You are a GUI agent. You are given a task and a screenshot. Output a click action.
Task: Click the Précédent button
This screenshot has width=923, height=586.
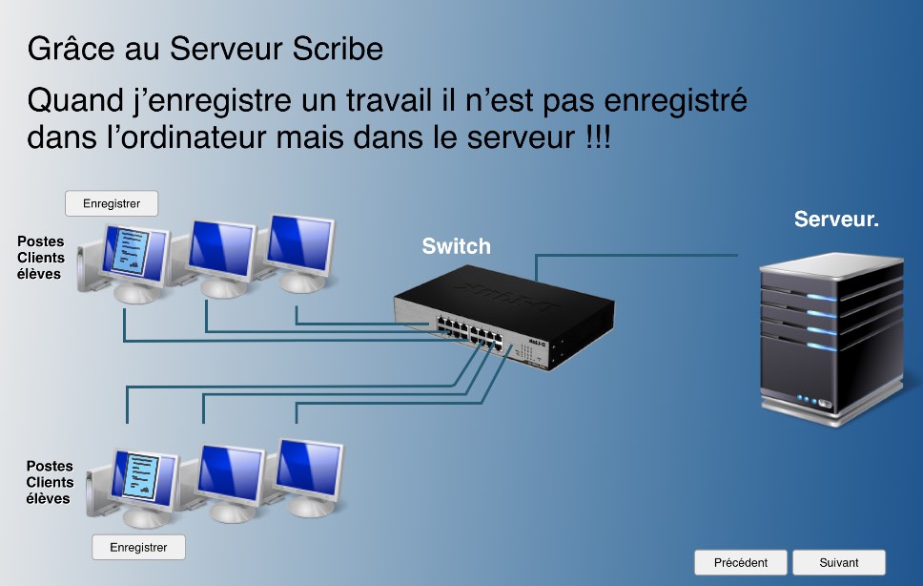(741, 562)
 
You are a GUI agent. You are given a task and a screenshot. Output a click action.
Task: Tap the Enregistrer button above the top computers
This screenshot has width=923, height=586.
(112, 204)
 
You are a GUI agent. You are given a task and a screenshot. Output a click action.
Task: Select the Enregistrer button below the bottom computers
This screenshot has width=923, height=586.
(138, 547)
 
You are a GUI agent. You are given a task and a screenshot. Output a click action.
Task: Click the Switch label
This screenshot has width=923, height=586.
(456, 246)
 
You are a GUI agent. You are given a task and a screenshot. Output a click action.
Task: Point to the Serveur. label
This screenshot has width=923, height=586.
(836, 220)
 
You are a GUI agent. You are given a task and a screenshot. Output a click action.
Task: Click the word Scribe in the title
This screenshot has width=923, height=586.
(338, 49)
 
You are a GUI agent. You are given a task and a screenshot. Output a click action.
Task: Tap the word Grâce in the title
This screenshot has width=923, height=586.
(72, 49)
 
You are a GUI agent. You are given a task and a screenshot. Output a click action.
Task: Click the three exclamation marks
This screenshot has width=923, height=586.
(599, 137)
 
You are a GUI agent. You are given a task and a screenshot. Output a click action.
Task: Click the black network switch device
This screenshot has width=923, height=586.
(503, 317)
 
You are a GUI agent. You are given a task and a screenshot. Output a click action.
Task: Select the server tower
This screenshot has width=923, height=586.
(831, 339)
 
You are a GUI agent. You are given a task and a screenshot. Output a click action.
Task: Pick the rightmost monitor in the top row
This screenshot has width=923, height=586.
(300, 253)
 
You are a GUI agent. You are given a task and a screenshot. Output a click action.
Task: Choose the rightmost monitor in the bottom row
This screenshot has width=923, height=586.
(309, 477)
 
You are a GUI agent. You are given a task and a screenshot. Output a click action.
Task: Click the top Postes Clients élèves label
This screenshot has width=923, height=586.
(41, 258)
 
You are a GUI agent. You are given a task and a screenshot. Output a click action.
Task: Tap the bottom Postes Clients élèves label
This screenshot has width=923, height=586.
(50, 482)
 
